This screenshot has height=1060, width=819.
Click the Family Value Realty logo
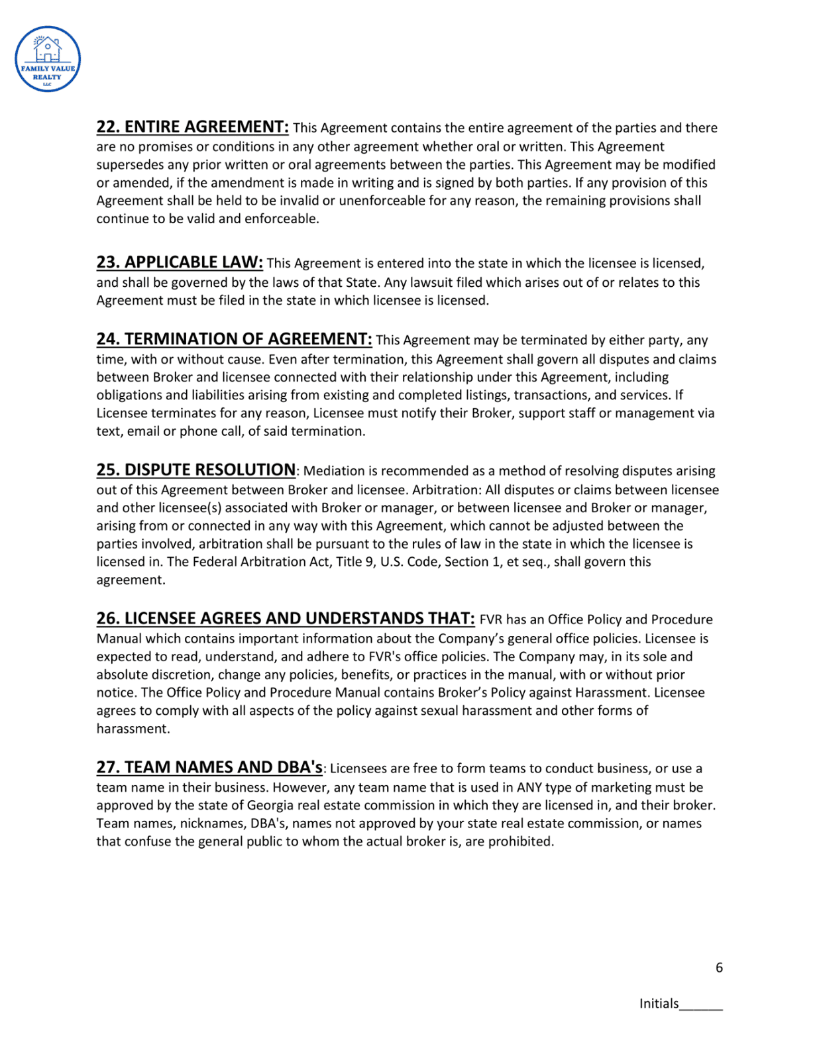coord(48,59)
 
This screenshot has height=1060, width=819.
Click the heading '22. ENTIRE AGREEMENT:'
coord(192,127)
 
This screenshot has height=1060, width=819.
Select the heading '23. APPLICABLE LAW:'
coord(180,262)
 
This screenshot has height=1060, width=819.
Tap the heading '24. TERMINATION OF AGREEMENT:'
coord(234,339)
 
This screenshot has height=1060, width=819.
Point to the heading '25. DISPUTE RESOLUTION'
coord(196,470)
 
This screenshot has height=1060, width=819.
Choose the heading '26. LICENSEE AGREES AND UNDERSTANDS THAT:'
coord(286,618)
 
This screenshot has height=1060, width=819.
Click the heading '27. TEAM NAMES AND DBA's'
coord(209,767)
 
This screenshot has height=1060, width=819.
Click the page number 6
coord(719,968)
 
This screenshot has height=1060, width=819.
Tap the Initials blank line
coord(701,1006)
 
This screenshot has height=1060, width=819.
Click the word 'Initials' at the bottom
coord(659,1004)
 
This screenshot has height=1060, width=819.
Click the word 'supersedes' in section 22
coord(127,164)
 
